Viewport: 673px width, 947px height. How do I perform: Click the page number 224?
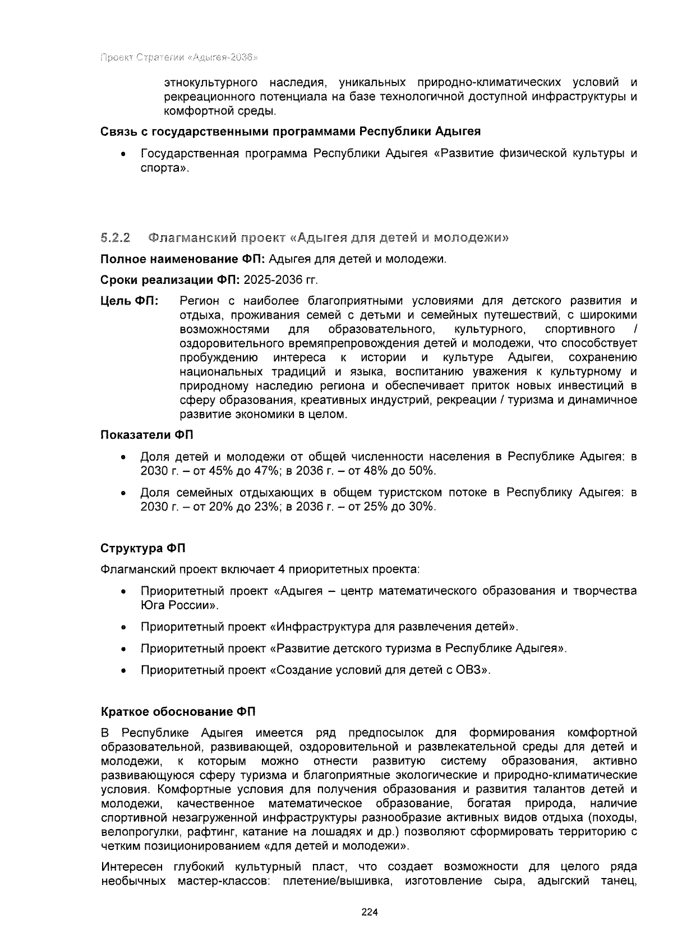(370, 912)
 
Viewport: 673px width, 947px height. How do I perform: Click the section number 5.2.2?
(116, 238)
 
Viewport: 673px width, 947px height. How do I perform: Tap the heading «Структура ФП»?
(142, 548)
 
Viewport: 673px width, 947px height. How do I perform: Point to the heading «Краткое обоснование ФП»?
(178, 712)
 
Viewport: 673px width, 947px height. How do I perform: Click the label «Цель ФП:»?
(130, 301)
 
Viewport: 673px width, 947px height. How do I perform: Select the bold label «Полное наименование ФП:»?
(183, 259)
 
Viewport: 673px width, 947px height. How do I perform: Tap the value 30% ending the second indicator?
(421, 507)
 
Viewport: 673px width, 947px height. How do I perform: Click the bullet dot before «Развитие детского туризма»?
(123, 649)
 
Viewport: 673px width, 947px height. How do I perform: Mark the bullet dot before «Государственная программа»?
(123, 154)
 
